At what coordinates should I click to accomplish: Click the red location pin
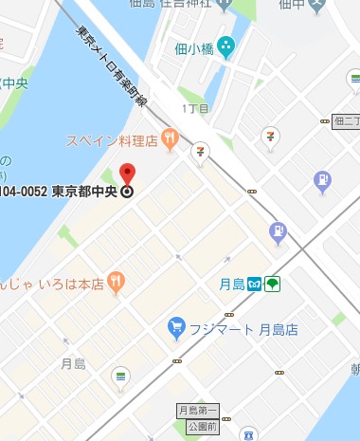(129, 173)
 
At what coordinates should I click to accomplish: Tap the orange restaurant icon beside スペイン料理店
(170, 140)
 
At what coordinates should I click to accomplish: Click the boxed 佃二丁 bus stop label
(346, 120)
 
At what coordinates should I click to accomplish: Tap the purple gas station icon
(323, 178)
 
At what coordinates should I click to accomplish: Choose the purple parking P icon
(278, 229)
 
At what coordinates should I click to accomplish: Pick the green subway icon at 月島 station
(272, 284)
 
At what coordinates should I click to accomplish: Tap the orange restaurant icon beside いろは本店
(116, 280)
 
